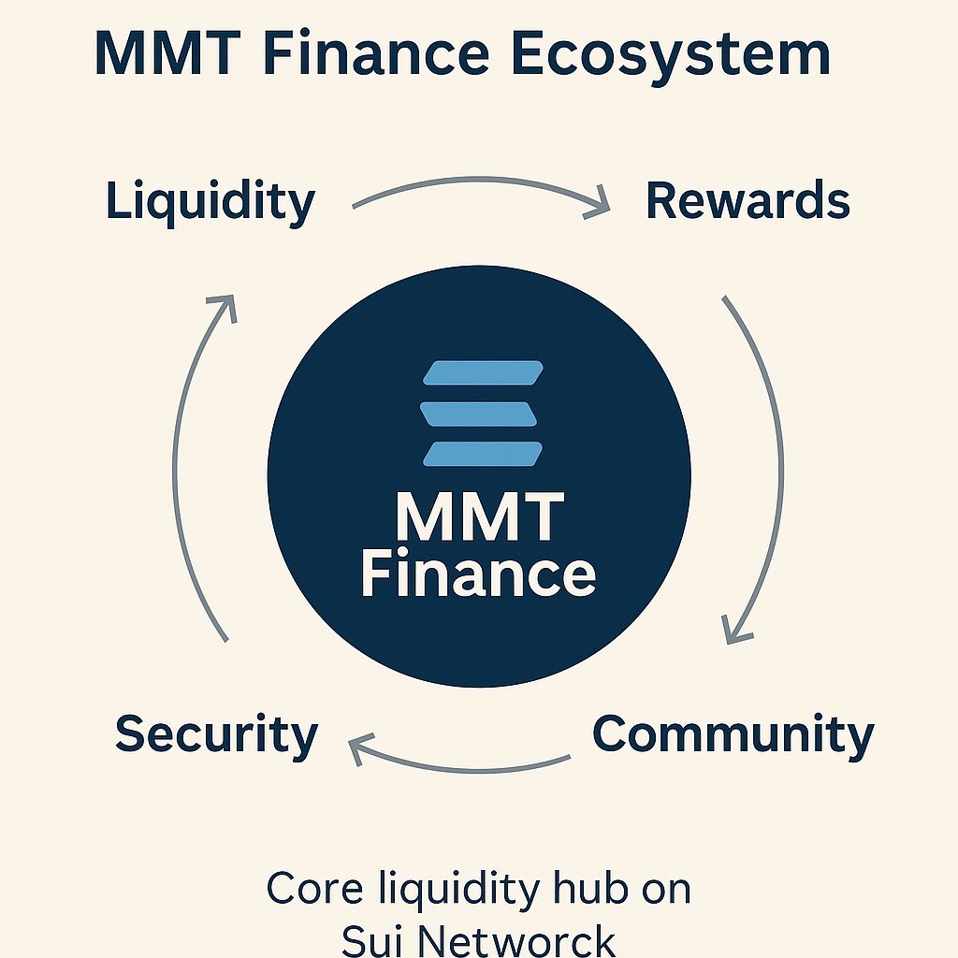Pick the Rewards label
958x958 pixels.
(x=748, y=201)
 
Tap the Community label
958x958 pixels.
(x=733, y=734)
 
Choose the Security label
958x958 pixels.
(x=216, y=734)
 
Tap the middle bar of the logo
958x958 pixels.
(x=479, y=414)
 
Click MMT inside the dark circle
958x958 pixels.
(x=479, y=517)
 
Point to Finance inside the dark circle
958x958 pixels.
(x=478, y=573)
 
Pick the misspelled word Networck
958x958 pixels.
(x=517, y=939)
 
